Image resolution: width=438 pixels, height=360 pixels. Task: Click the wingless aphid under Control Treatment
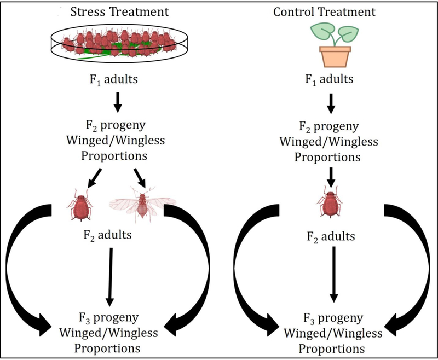(329, 204)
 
